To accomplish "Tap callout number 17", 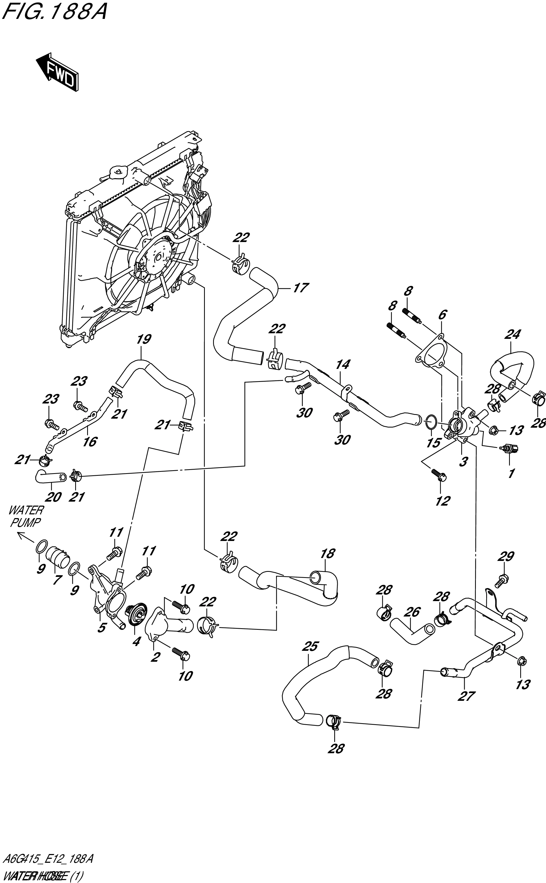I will [300, 288].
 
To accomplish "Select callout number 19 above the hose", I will [143, 340].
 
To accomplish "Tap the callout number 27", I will [466, 696].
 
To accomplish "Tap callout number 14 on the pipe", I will [342, 364].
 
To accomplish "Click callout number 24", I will [513, 334].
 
